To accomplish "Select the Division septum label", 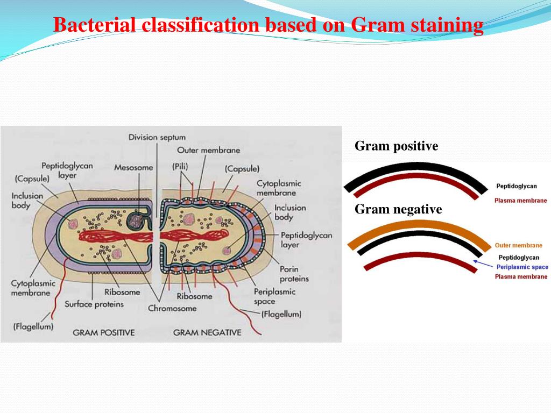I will [157, 138].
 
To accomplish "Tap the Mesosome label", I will [133, 168].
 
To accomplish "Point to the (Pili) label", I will [180, 167].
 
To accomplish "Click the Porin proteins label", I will [294, 274].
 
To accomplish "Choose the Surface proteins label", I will [94, 304].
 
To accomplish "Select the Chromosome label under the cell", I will [172, 308].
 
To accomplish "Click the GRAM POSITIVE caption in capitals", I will [103, 333].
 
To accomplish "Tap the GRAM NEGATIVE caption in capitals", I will [207, 333].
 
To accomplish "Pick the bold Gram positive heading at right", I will [396, 146].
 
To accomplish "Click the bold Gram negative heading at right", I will [398, 209].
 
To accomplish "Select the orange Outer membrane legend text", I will [518, 246].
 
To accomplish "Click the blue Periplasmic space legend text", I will [522, 267].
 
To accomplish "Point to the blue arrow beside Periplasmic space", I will [482, 264].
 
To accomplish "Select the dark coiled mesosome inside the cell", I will [136, 219].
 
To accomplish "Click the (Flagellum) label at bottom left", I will [33, 326].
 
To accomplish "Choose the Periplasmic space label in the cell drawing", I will [274, 296].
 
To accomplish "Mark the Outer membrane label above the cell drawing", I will [208, 151].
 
